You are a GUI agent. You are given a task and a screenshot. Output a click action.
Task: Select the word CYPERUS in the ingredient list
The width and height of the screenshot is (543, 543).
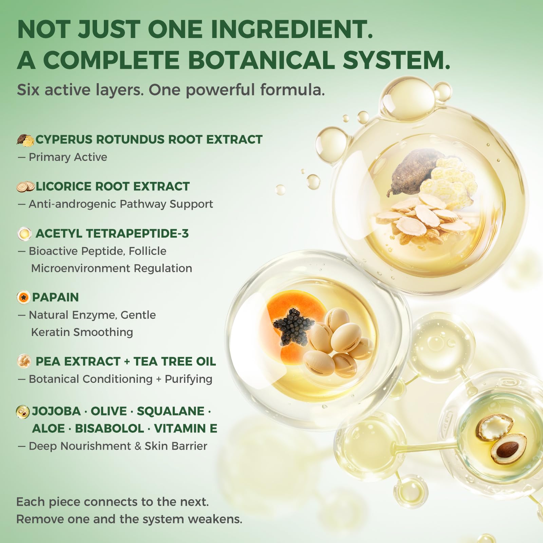(x=64, y=139)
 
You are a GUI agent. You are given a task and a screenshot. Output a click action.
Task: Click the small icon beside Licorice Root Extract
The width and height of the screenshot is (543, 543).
(x=26, y=186)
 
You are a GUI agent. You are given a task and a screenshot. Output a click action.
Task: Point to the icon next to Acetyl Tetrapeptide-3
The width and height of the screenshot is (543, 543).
(x=24, y=233)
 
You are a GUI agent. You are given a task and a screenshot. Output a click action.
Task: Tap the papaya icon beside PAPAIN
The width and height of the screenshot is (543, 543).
(x=23, y=298)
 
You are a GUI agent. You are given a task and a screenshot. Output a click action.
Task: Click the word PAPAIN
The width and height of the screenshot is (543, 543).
(x=55, y=297)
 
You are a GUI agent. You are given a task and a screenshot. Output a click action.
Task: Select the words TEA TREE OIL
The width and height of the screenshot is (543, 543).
(x=174, y=361)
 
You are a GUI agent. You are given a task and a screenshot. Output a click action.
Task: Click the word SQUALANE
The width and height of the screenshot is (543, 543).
(x=170, y=411)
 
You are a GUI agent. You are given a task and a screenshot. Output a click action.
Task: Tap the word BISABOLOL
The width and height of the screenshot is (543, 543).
(x=109, y=428)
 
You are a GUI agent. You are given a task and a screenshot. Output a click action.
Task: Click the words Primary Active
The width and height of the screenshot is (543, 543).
(x=68, y=157)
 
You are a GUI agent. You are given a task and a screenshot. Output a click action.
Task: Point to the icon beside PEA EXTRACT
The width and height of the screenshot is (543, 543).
(x=24, y=361)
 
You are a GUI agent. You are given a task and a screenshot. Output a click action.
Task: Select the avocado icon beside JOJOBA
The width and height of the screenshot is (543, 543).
(x=23, y=412)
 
